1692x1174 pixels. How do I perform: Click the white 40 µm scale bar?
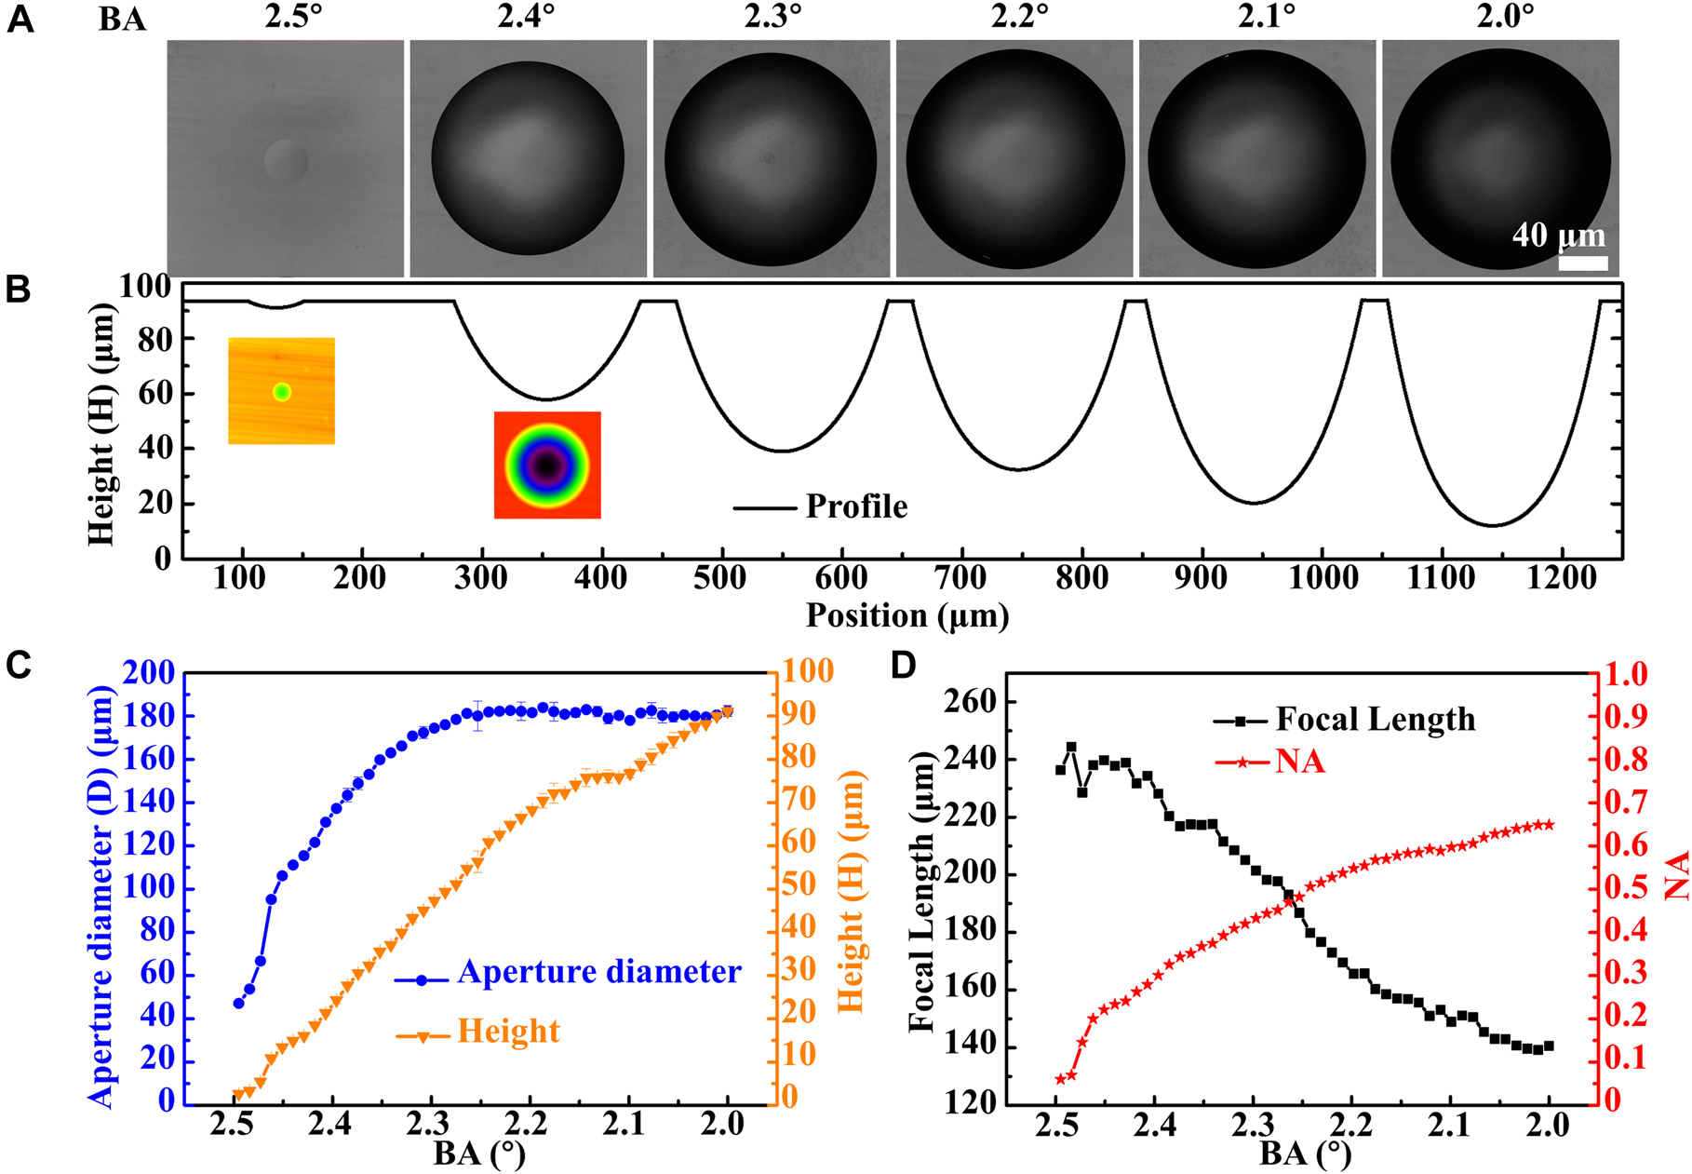tap(1582, 263)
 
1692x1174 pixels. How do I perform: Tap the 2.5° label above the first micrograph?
tap(293, 18)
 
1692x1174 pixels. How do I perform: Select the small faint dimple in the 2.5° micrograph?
tap(285, 160)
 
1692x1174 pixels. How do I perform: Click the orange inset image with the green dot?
tap(281, 390)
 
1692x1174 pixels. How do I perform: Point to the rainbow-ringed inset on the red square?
tap(547, 465)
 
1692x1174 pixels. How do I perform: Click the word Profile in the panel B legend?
tap(855, 506)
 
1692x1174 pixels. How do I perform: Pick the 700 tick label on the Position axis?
tap(960, 578)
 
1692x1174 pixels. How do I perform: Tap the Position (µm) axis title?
tap(906, 615)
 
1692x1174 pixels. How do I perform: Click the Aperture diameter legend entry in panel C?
tap(598, 972)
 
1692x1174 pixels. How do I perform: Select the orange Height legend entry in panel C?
tap(508, 1032)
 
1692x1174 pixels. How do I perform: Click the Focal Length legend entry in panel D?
tap(1375, 719)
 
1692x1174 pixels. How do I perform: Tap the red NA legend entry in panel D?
tap(1299, 762)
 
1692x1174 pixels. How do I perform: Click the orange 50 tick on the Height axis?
tap(799, 884)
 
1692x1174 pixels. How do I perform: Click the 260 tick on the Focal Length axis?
tap(970, 702)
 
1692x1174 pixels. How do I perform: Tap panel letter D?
tap(903, 665)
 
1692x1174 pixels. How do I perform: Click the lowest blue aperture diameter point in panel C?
tap(238, 1003)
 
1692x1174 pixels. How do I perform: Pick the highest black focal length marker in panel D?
tap(1071, 747)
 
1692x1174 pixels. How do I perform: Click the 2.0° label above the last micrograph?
tap(1505, 18)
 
